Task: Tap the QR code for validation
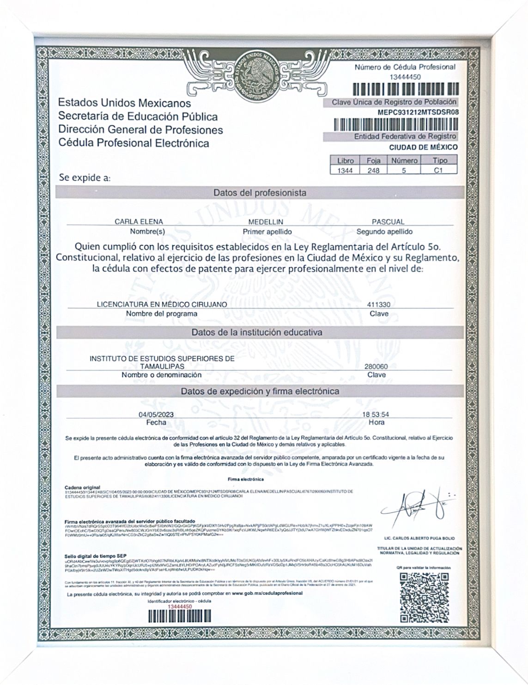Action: coord(424,597)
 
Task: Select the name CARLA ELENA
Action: coord(139,222)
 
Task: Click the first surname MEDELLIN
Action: coord(265,222)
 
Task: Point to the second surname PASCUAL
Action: coord(388,222)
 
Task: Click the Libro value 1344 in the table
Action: coord(346,171)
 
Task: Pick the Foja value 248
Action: coord(373,171)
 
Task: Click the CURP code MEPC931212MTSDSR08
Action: coord(418,112)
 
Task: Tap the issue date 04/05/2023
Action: coord(156,415)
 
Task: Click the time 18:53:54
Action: coord(376,415)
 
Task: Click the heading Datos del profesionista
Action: coord(260,192)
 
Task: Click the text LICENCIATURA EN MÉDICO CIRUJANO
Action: coord(162,305)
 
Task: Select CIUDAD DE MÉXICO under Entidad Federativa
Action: coord(424,147)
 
